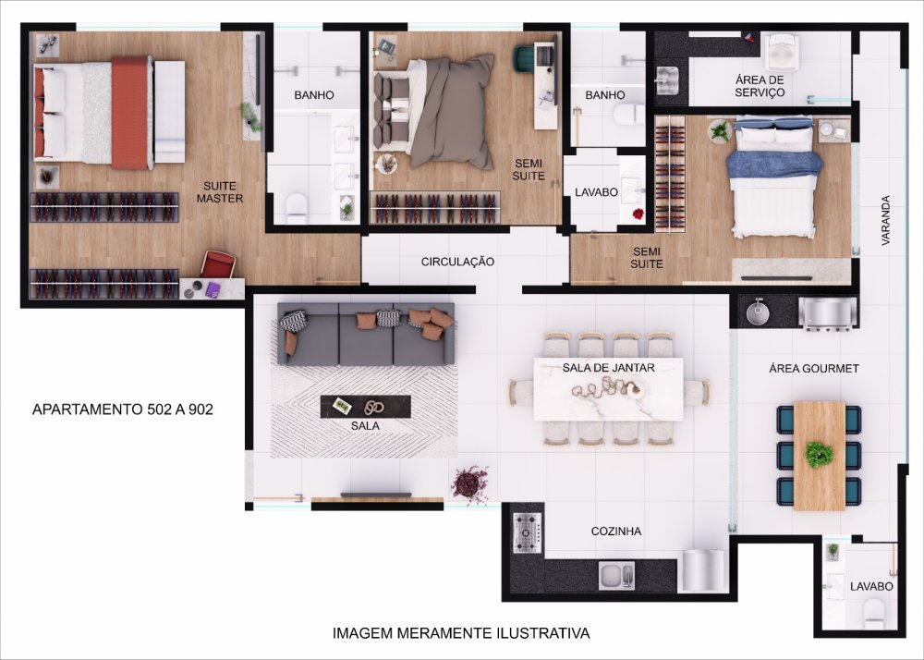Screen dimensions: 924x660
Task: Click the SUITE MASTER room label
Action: tap(220, 192)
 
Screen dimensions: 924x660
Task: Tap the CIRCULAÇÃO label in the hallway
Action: tap(457, 262)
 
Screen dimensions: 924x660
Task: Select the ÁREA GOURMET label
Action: tap(814, 368)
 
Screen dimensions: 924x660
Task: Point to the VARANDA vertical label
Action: tap(885, 220)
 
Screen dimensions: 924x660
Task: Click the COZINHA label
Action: tap(615, 532)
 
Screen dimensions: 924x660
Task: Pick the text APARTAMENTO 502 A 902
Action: tap(123, 409)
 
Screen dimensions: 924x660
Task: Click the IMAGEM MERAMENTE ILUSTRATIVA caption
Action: tap(461, 633)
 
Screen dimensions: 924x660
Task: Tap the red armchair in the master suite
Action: tap(219, 264)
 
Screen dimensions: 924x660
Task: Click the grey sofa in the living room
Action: tap(366, 334)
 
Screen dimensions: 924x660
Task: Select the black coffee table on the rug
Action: tap(365, 407)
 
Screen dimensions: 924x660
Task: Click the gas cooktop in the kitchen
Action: tap(527, 532)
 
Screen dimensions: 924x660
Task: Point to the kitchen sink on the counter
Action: tap(617, 576)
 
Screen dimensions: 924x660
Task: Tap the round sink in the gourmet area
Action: tap(758, 312)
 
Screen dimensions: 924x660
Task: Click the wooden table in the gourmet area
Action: tap(819, 456)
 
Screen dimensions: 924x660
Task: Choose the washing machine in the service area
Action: tap(781, 52)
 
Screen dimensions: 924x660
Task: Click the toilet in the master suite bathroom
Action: tap(297, 208)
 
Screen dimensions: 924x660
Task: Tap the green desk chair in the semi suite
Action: tap(523, 58)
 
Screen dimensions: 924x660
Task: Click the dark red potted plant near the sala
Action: tap(470, 484)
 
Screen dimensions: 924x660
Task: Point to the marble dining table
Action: tap(609, 389)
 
